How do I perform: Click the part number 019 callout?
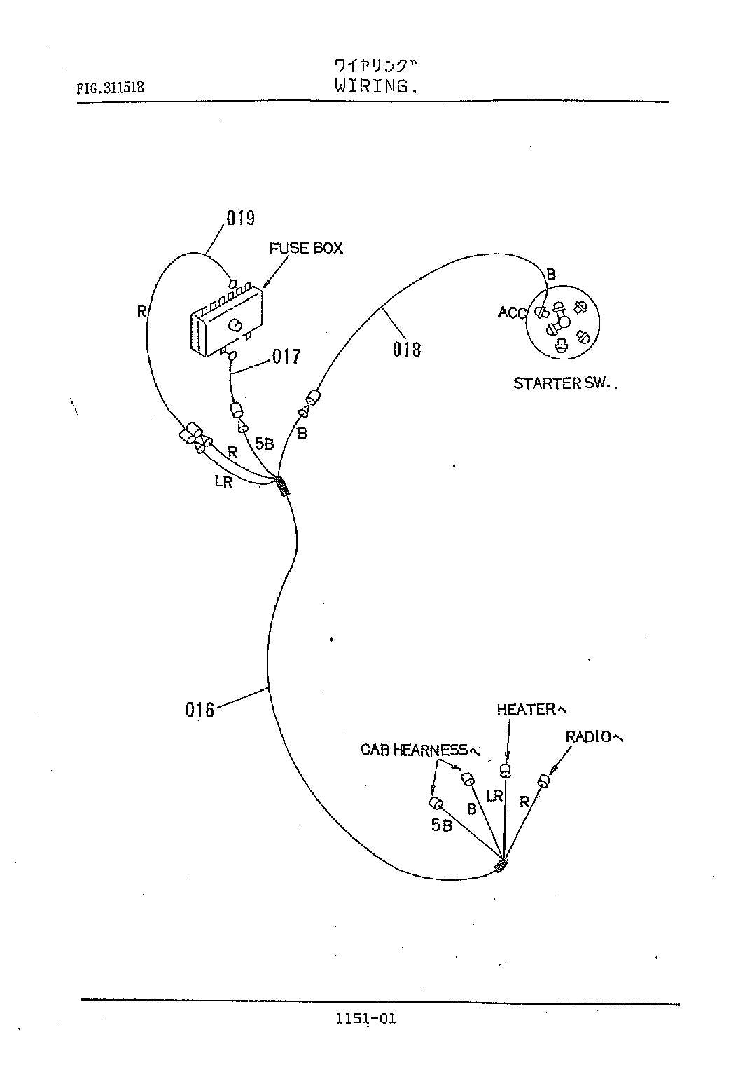(240, 218)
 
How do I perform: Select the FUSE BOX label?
(306, 249)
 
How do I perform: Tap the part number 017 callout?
(286, 357)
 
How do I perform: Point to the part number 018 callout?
(407, 349)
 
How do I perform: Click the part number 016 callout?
(200, 710)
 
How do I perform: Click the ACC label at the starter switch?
(512, 312)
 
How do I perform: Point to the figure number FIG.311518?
(111, 88)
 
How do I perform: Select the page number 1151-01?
(365, 1019)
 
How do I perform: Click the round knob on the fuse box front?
(235, 325)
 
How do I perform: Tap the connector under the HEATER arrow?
(506, 771)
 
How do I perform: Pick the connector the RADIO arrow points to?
(544, 780)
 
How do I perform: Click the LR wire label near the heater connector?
(494, 796)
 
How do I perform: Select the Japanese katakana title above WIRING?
(375, 67)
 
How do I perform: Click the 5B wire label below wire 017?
(264, 444)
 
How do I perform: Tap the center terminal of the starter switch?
(564, 322)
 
